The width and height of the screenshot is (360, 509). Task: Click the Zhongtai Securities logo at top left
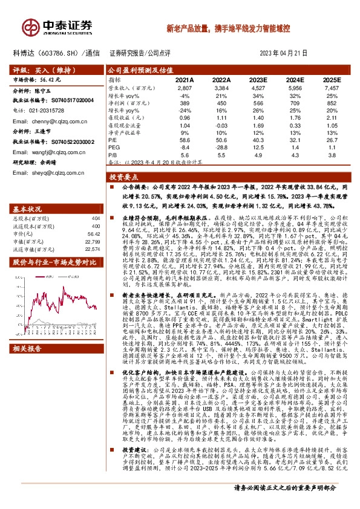pyautogui.click(x=58, y=26)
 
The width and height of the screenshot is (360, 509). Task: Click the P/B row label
pyautogui.click(x=113, y=155)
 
